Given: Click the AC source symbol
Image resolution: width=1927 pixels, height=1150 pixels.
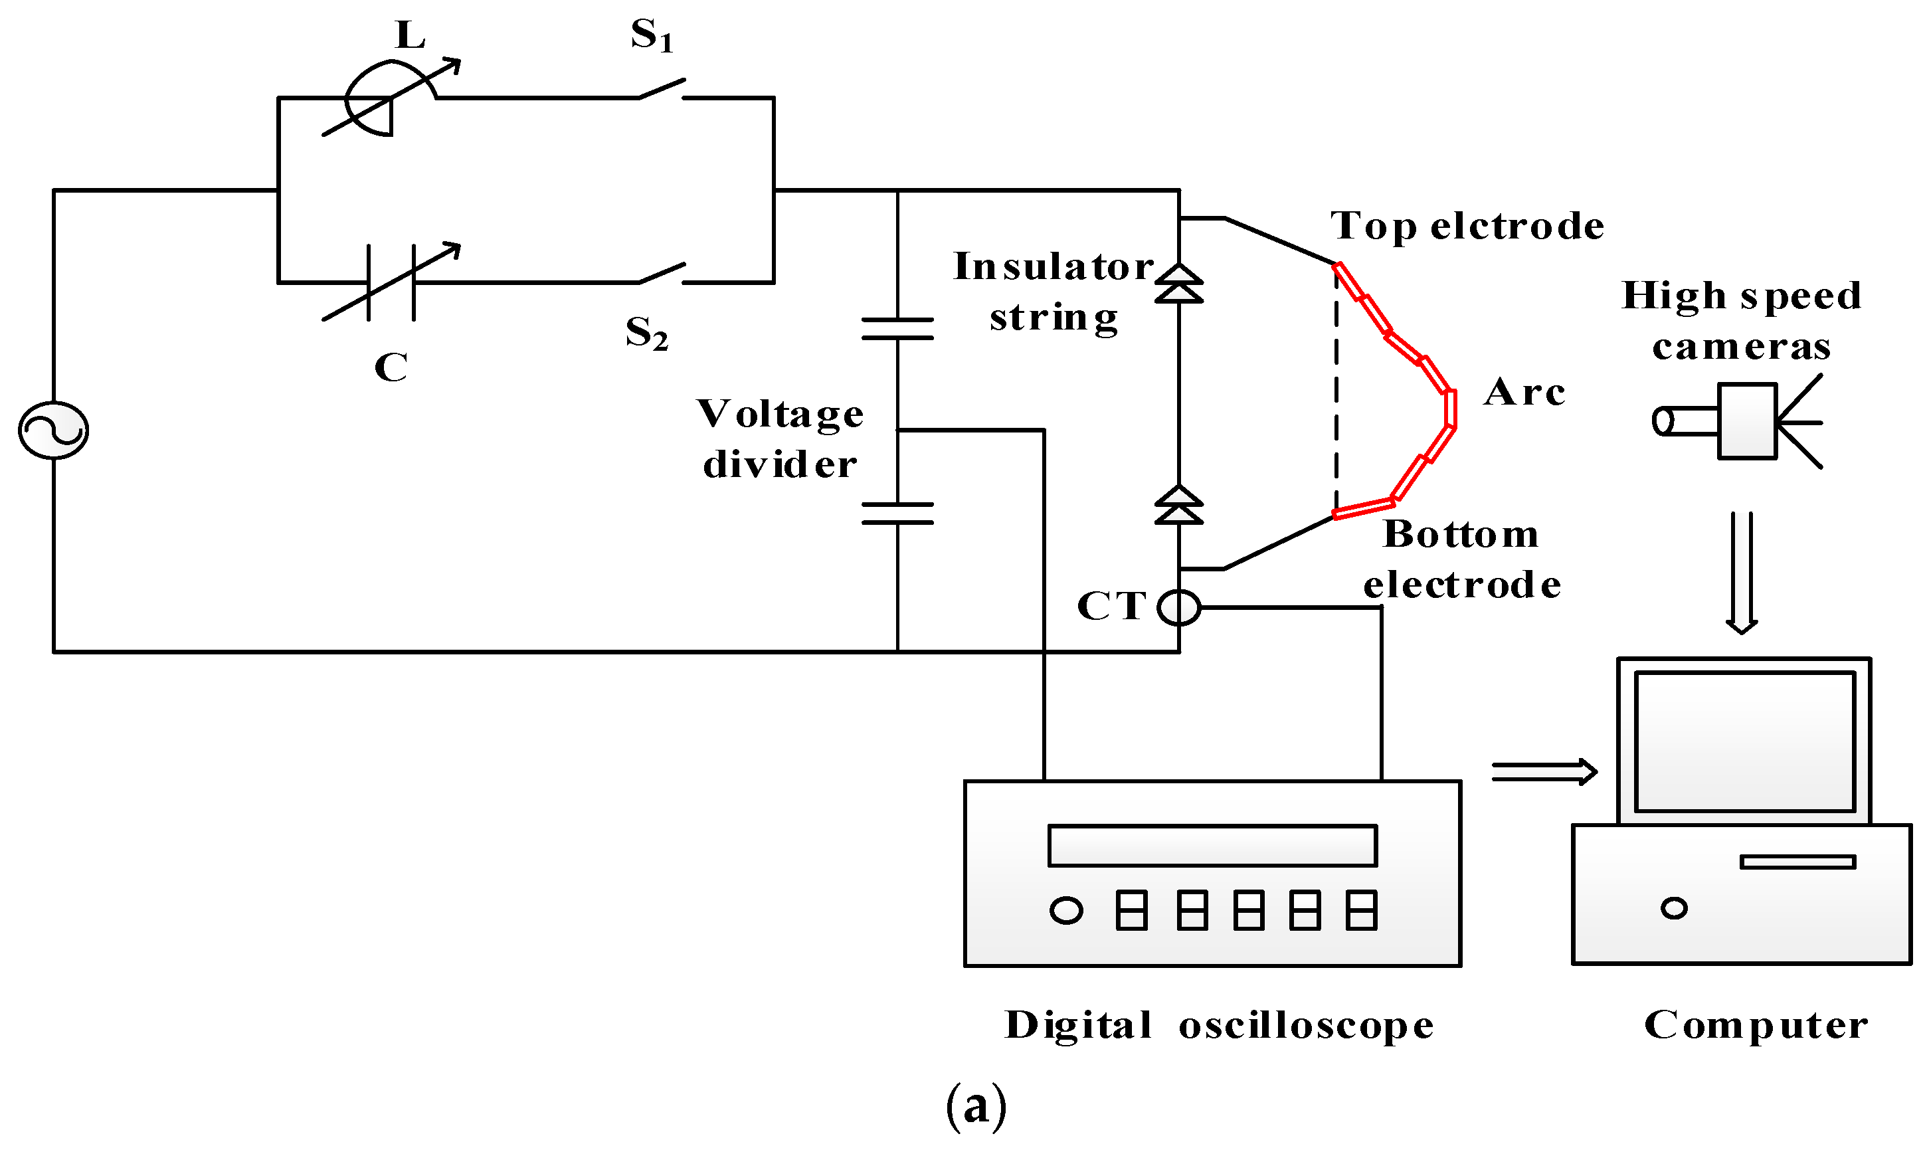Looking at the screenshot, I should tap(53, 430).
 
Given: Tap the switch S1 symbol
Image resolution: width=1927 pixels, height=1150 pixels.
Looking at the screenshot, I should tap(661, 89).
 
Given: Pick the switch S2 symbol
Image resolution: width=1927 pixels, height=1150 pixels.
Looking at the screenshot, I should tap(661, 274).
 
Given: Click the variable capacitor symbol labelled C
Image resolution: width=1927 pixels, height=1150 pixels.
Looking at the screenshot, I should tap(391, 283).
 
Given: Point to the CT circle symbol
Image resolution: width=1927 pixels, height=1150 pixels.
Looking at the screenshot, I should tap(1178, 607).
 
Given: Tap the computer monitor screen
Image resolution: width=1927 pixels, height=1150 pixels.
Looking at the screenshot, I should tap(1744, 741).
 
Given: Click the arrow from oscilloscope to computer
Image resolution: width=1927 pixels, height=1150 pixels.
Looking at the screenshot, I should tap(1544, 772).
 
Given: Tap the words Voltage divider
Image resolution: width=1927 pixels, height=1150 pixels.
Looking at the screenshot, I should tap(780, 438).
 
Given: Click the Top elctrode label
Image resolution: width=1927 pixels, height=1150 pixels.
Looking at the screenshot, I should tap(1467, 227).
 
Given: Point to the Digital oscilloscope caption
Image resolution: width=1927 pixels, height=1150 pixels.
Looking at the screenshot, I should tap(1219, 1025).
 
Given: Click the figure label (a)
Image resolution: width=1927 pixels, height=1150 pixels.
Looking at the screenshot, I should tap(976, 1107).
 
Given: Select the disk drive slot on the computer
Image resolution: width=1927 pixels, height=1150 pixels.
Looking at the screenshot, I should tap(1797, 862).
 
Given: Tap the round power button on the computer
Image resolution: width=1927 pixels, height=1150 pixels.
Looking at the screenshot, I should tap(1674, 908).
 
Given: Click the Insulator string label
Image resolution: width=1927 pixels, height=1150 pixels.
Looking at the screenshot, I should tap(1054, 292).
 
